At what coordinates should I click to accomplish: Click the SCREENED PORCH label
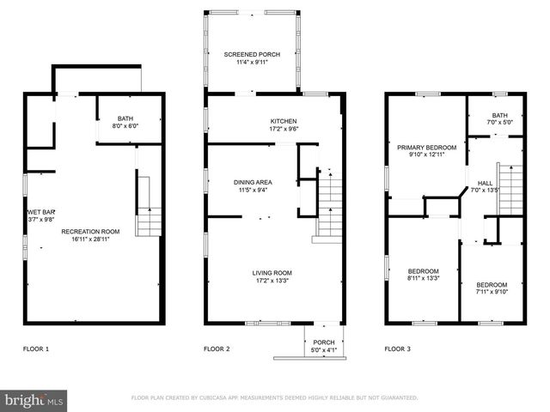(x=252, y=54)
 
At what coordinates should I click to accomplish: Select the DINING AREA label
(x=253, y=182)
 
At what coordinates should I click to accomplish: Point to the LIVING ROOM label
(x=272, y=273)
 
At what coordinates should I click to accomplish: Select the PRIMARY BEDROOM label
(x=425, y=148)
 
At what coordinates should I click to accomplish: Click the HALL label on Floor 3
(x=485, y=183)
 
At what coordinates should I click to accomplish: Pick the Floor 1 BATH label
(x=125, y=119)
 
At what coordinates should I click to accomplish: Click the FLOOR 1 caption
(x=36, y=349)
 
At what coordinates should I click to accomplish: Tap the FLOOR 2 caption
(x=217, y=349)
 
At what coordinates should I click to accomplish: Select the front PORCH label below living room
(x=323, y=342)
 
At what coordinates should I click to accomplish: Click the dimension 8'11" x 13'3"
(x=423, y=278)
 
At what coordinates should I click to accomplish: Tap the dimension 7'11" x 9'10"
(x=492, y=292)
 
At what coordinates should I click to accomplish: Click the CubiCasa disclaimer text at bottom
(x=274, y=398)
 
